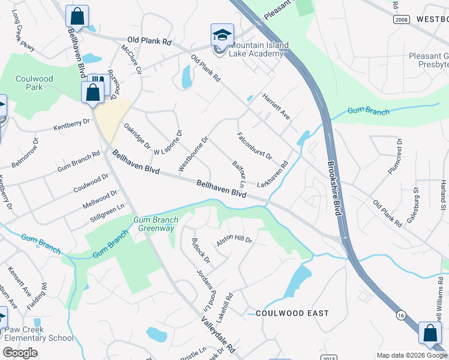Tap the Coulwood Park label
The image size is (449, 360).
(x=34, y=83)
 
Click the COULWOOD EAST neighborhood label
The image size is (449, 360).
(x=292, y=313)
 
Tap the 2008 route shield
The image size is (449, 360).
(x=402, y=19)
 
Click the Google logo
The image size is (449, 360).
(x=20, y=353)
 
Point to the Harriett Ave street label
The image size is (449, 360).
(x=276, y=106)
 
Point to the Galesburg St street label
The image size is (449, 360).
(x=412, y=205)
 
